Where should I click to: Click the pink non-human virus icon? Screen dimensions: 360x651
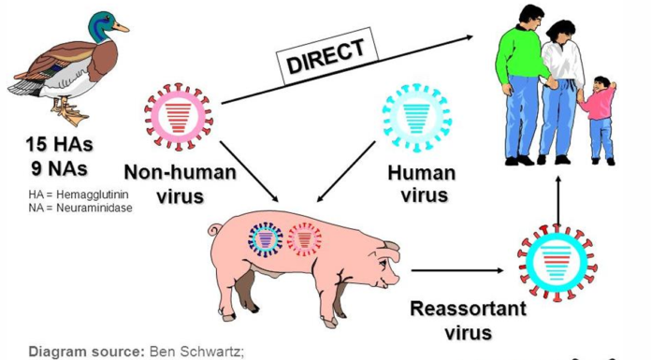click(178, 117)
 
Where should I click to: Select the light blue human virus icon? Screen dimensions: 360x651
click(415, 118)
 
